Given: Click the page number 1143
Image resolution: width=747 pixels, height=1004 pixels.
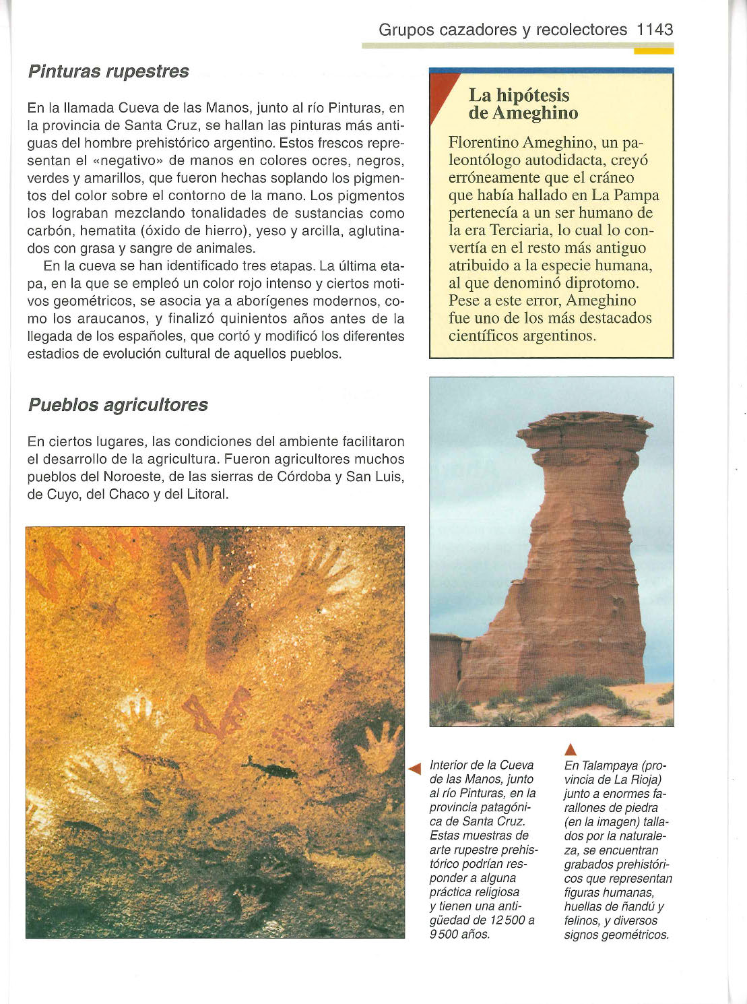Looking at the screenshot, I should pyautogui.click(x=655, y=30).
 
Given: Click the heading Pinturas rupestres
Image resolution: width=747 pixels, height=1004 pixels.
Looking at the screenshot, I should pyautogui.click(x=108, y=71).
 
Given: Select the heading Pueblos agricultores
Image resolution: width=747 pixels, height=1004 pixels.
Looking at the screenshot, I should pyautogui.click(x=118, y=405).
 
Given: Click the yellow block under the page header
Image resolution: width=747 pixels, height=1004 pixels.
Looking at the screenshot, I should pyautogui.click(x=653, y=51).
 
